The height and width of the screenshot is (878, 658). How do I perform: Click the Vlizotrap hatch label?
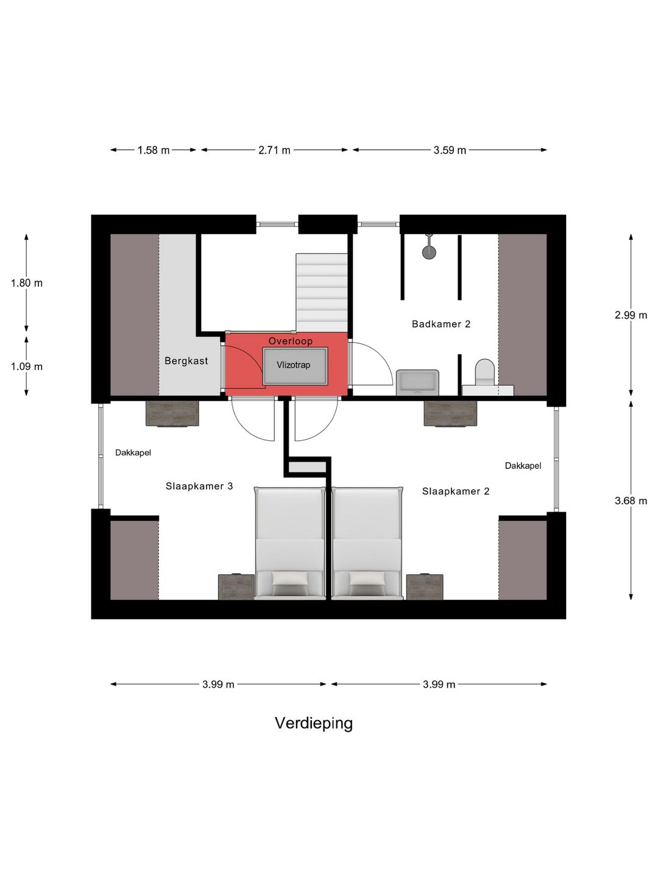(x=293, y=365)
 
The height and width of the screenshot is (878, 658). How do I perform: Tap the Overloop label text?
(x=290, y=341)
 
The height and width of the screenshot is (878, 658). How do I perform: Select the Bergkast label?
(x=186, y=361)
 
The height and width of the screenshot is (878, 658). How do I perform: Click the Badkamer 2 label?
(x=441, y=324)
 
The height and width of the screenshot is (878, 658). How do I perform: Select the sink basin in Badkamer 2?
(x=417, y=383)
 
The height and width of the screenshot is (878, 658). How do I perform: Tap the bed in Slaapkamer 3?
(x=290, y=544)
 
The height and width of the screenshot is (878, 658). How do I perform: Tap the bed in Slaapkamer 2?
(x=367, y=544)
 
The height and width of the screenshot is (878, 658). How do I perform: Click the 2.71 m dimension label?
(x=274, y=151)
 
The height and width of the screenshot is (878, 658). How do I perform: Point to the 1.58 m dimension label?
(x=154, y=151)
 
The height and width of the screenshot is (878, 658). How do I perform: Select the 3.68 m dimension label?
(x=631, y=501)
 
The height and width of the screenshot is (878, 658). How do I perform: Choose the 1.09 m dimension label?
(x=26, y=366)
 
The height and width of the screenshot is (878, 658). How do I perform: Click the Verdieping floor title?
(x=314, y=723)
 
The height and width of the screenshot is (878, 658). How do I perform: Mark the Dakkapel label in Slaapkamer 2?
(x=523, y=466)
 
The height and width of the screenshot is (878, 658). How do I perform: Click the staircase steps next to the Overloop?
(x=321, y=293)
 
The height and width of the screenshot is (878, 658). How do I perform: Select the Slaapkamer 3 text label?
(x=199, y=487)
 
